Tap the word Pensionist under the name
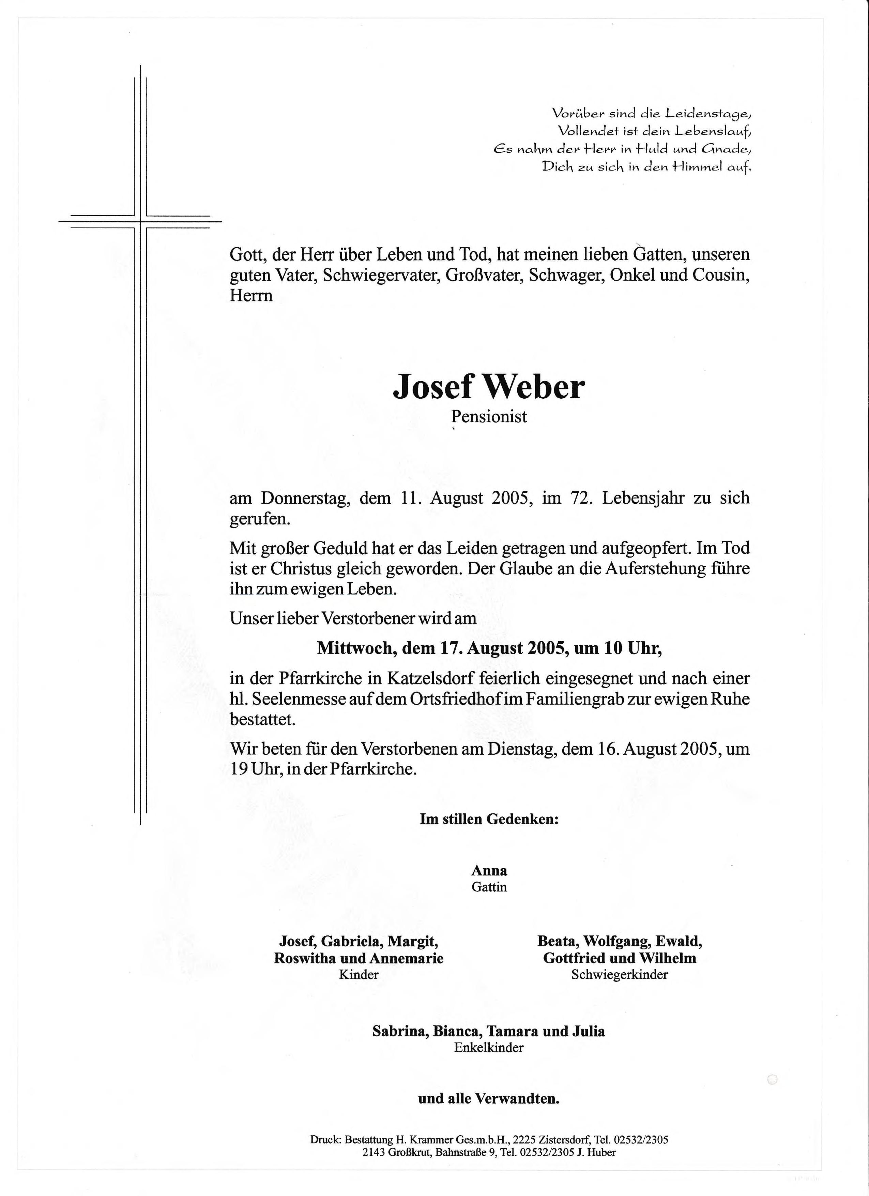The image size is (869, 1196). (x=489, y=417)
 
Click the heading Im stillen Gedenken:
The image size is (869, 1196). (x=489, y=819)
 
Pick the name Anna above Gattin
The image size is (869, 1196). (x=489, y=871)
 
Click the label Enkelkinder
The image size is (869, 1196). (x=489, y=1048)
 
